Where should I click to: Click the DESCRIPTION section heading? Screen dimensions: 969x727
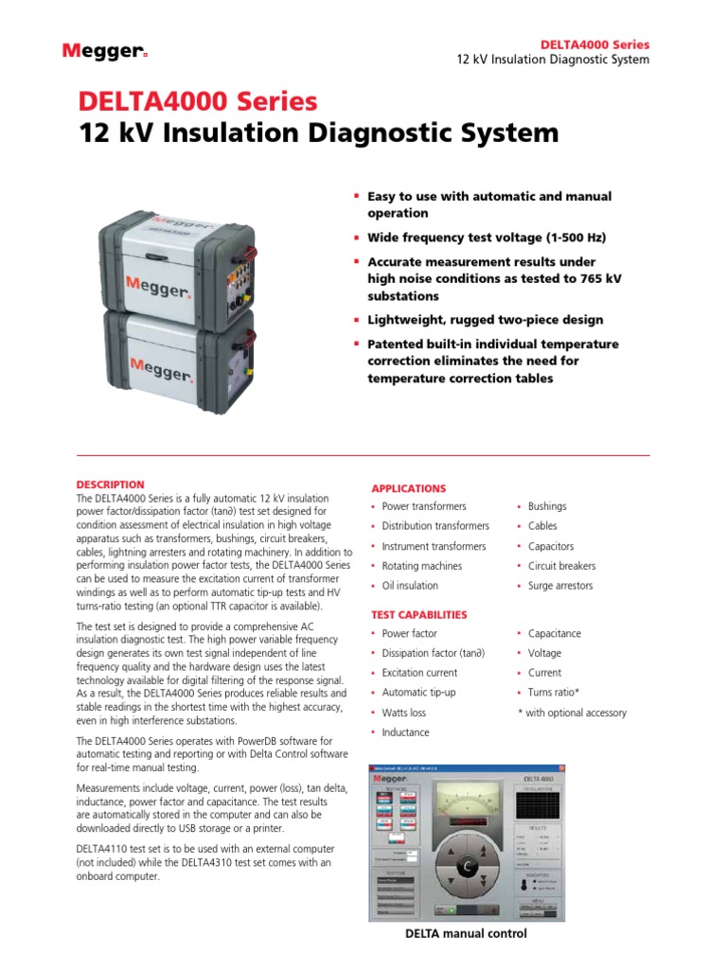coord(110,484)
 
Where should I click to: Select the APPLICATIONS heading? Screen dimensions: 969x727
coord(408,488)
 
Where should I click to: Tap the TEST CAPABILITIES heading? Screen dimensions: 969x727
coord(419,614)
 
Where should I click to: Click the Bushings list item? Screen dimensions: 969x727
coord(547,506)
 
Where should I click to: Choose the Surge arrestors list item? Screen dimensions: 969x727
coord(560,586)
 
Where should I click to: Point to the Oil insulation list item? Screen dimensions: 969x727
coord(410,586)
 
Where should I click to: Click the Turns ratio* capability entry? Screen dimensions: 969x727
coord(554,693)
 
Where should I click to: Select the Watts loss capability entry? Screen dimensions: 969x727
coord(404,713)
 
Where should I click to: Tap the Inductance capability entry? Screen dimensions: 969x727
coord(405,732)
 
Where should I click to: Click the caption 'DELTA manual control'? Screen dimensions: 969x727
coord(466,933)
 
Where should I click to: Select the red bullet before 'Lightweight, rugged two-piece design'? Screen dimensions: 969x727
coord(357,320)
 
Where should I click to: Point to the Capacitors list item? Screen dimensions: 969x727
coord(550,546)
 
